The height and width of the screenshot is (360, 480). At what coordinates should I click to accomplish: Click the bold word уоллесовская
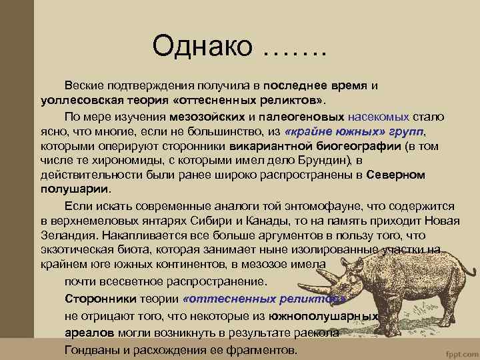pos(70,100)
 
